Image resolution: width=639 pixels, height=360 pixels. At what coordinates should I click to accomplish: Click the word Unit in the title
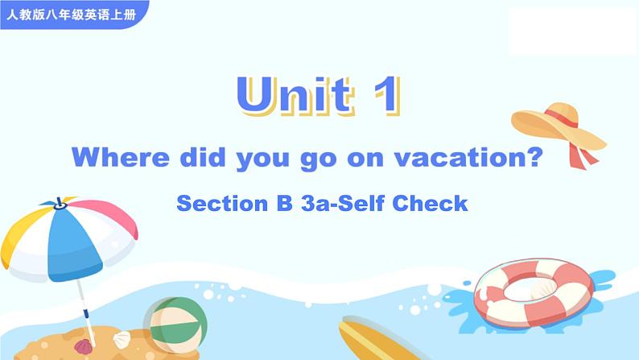point(295,95)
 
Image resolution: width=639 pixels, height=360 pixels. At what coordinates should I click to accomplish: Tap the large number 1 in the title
point(387,95)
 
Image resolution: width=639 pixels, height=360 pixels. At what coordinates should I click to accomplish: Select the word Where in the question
point(120,157)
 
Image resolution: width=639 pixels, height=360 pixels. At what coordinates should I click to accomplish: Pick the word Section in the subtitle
point(222,203)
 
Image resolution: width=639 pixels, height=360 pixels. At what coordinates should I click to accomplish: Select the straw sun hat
point(558,126)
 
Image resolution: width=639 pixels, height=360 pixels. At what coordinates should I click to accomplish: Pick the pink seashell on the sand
point(83,346)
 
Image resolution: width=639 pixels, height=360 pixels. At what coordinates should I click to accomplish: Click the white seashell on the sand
point(122,340)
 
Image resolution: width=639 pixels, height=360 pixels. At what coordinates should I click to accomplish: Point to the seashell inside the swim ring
point(542,290)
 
